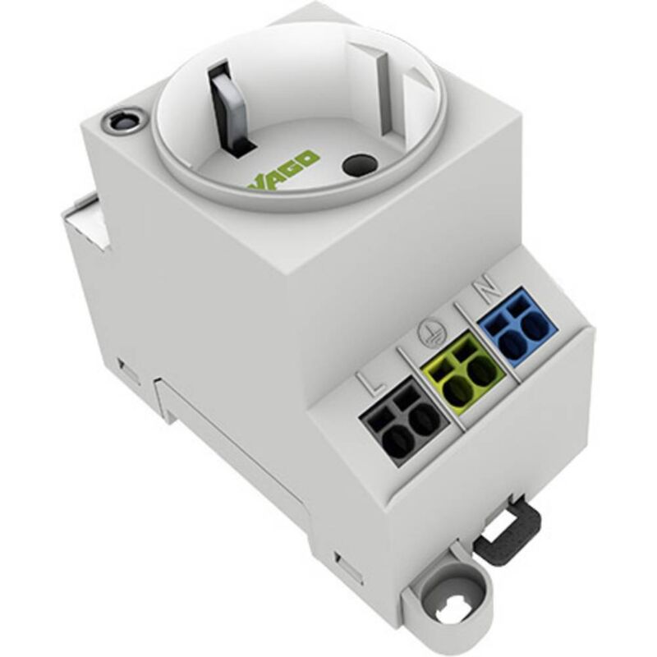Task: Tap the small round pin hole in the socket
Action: point(355,165)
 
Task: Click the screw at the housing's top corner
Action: point(121,124)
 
